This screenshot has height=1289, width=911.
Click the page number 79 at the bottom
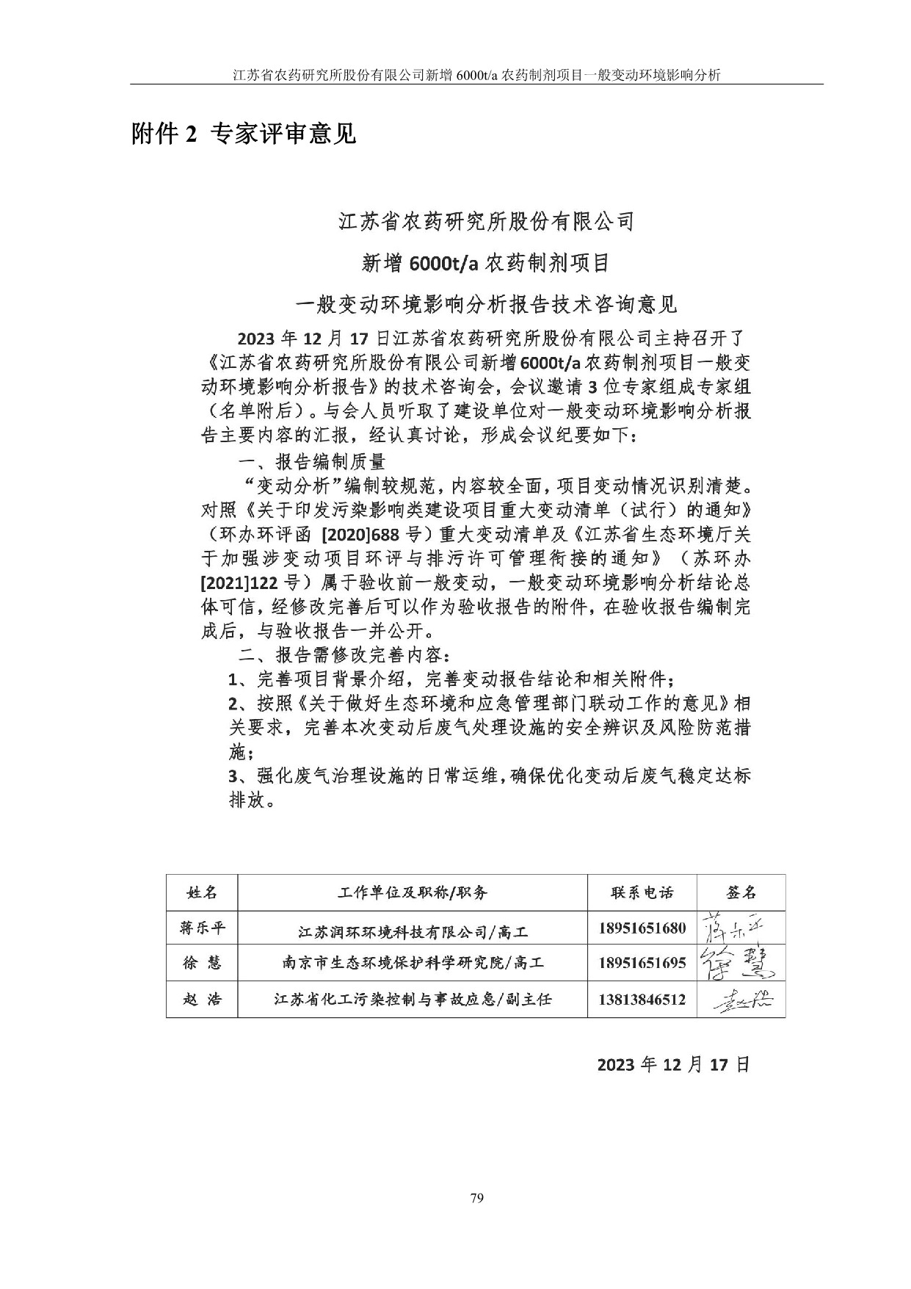476,1199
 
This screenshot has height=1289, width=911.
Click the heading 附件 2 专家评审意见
243,134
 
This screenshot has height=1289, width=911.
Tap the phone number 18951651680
642,928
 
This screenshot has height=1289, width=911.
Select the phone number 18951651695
642,963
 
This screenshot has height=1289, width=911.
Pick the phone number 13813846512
642,999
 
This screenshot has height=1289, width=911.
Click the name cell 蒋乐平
202,928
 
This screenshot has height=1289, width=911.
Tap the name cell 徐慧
202,963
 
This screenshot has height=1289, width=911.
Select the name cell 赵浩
202,999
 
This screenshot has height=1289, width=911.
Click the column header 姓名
202,892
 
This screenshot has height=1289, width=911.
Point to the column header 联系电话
642,892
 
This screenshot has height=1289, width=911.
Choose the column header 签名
740,892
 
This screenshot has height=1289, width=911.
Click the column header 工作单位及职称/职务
413,892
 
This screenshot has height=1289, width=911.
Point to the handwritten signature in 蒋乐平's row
735,928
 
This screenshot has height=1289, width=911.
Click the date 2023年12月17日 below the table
673,1065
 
